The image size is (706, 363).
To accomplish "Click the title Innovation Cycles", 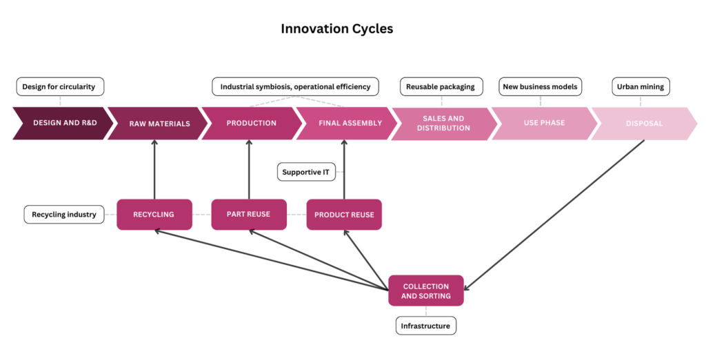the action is coord(336,29).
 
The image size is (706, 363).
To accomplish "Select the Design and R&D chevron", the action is coord(63,123).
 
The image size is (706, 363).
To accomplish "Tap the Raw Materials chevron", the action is coord(158,123).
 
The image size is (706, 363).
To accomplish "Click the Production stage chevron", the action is coord(252,123).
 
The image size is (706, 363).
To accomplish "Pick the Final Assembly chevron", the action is coord(347,123).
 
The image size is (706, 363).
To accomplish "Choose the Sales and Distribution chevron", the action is coord(444,124).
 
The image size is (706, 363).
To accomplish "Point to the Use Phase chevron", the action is coord(545,123).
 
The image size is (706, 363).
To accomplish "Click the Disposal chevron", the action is coord(645,124).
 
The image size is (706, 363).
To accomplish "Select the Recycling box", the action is coord(154,215).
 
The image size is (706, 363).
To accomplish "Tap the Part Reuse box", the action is coord(249,215).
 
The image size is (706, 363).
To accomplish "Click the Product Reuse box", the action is coord(344,215).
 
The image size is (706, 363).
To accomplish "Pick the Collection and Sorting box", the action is coord(426,291).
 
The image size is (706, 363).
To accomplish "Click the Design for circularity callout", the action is coord(60,86).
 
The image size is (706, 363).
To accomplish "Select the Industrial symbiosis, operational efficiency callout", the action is coord(295,86).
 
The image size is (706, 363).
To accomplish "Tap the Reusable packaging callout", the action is coord(441,86).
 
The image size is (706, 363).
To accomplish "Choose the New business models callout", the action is coord(541,86).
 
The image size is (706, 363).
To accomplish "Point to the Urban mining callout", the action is coord(641,86).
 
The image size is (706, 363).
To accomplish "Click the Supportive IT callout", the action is coord(306,172).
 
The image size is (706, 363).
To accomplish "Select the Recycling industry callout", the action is coord(64,215).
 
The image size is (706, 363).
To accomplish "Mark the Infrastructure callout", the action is coord(426,326).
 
